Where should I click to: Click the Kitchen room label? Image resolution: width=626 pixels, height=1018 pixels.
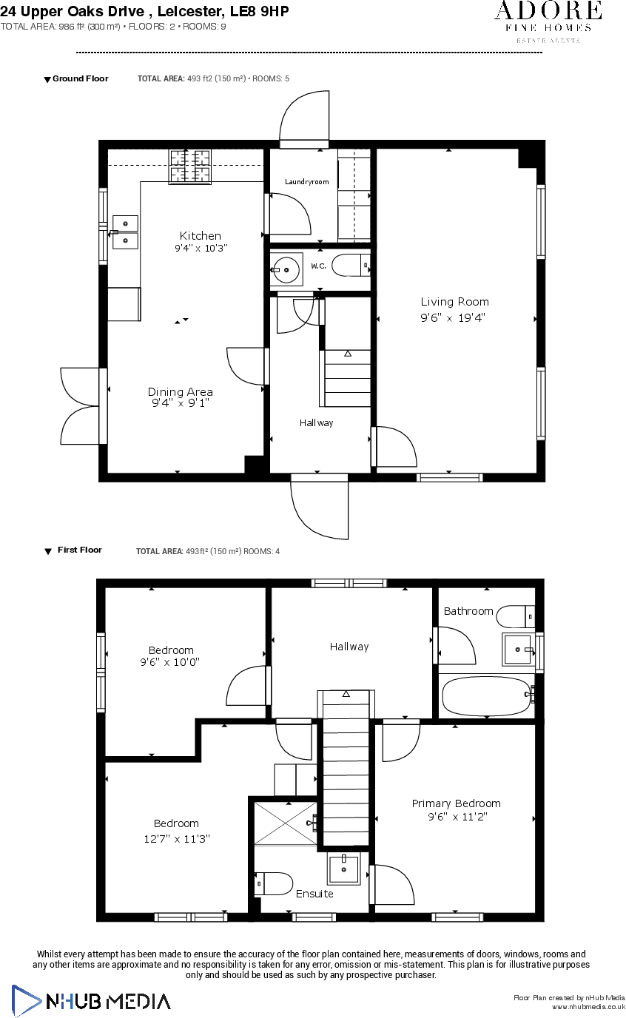click(200, 236)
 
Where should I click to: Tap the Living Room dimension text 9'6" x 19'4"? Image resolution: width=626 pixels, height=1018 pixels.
click(454, 317)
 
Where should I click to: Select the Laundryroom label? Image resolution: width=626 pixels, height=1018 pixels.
click(306, 182)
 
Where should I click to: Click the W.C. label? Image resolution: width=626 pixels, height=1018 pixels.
click(318, 266)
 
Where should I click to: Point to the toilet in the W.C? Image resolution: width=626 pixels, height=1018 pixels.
click(349, 265)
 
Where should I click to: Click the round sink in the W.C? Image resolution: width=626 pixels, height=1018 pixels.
click(286, 268)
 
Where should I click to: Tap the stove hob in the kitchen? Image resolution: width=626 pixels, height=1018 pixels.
click(190, 166)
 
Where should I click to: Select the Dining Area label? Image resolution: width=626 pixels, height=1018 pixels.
click(180, 392)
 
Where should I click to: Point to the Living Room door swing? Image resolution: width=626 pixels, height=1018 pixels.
click(397, 447)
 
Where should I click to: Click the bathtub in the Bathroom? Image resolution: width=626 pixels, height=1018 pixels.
click(485, 695)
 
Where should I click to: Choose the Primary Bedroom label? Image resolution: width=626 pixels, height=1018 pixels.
click(456, 803)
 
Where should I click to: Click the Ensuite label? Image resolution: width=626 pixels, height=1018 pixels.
click(314, 894)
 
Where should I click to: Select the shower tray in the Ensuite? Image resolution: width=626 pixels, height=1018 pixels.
click(286, 821)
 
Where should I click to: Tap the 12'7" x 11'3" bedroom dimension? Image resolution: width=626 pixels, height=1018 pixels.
click(175, 839)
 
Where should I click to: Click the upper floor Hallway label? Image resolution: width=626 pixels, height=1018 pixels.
click(349, 647)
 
